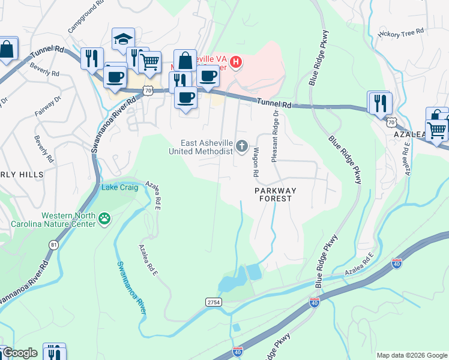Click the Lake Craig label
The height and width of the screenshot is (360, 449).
[x=120, y=187]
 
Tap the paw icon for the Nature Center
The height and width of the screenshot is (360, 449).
[x=106, y=220]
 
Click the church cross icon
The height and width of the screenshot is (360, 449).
[x=242, y=146]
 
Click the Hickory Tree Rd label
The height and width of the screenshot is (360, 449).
[x=402, y=32]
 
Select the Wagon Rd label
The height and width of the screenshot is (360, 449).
[x=256, y=162]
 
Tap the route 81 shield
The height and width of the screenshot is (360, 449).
[x=54, y=245]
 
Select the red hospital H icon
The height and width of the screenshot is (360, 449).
[x=237, y=62]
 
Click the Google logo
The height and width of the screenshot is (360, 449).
[x=19, y=353]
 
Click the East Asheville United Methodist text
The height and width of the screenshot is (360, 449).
[x=208, y=147]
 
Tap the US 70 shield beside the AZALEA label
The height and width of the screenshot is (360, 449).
[x=392, y=122]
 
